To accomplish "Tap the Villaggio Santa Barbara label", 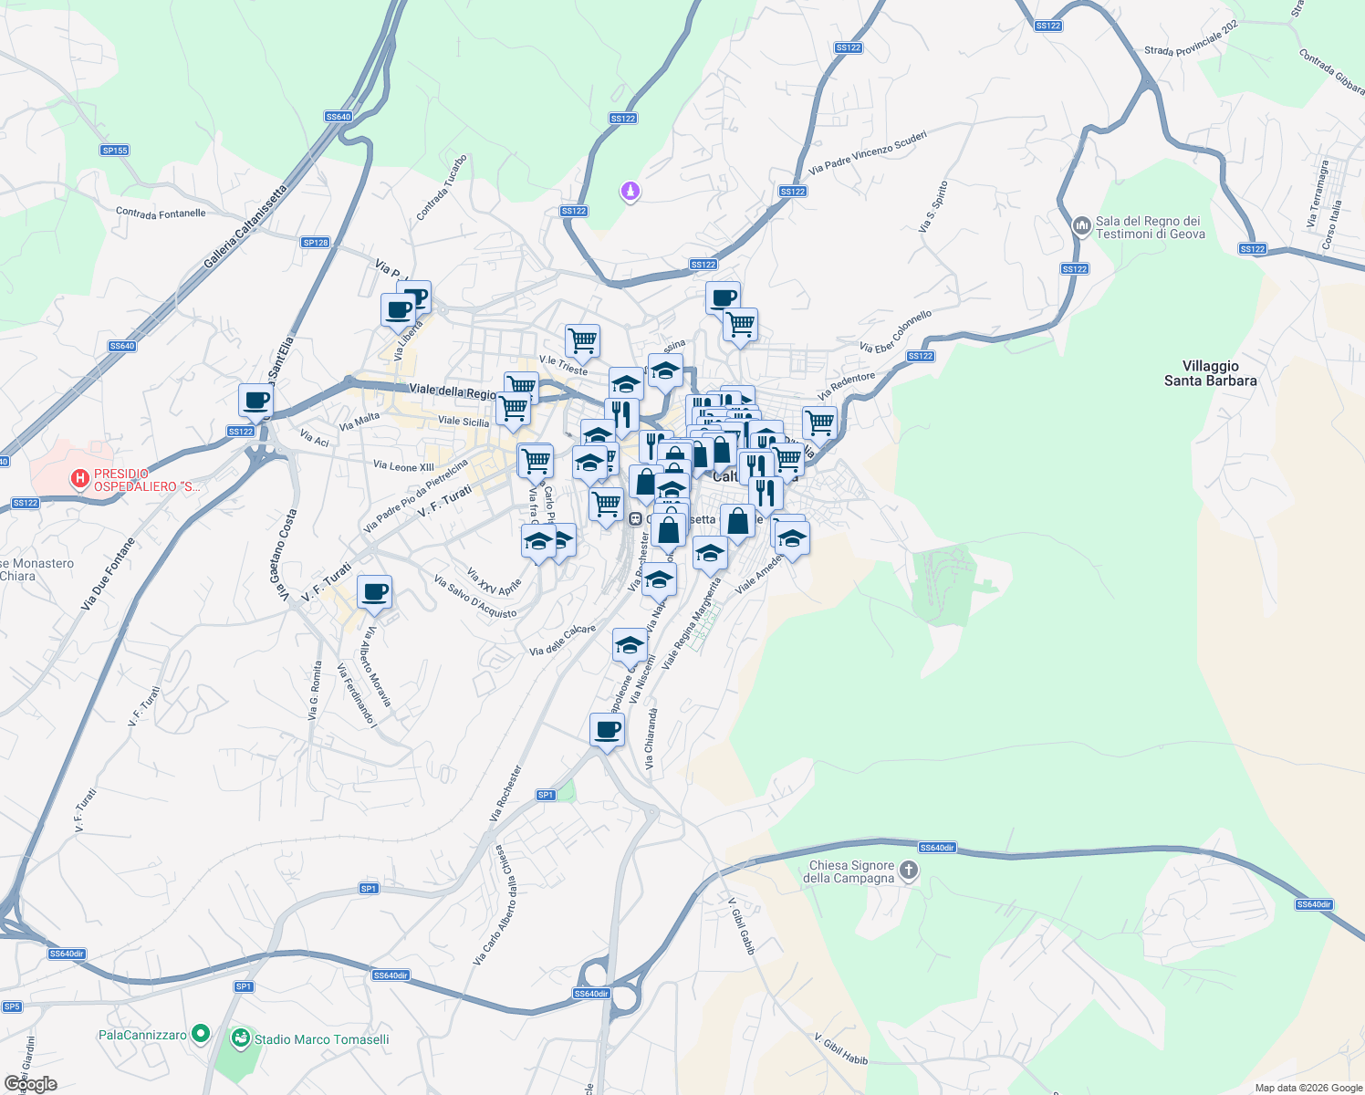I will pos(1210,373).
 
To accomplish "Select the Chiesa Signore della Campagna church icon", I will pos(908,870).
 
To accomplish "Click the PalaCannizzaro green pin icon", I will pos(201,1034).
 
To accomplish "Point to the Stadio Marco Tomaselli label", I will pos(321,1039).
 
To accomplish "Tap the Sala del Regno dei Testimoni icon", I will pos(1081,225).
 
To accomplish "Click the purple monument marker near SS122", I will pos(630,192).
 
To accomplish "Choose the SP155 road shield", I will pos(115,151).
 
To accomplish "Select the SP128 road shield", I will pos(316,243).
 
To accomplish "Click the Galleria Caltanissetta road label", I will pos(245,227).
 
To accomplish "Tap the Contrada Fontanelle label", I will pos(161,214).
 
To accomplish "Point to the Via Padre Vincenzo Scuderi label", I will pos(868,152).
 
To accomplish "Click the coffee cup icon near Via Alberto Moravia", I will pos(374,593).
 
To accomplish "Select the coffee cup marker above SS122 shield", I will pos(256,401).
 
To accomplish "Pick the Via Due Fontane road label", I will pos(108,574).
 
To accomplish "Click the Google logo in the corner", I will pos(30,1084).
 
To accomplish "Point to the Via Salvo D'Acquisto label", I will pos(475,597).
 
